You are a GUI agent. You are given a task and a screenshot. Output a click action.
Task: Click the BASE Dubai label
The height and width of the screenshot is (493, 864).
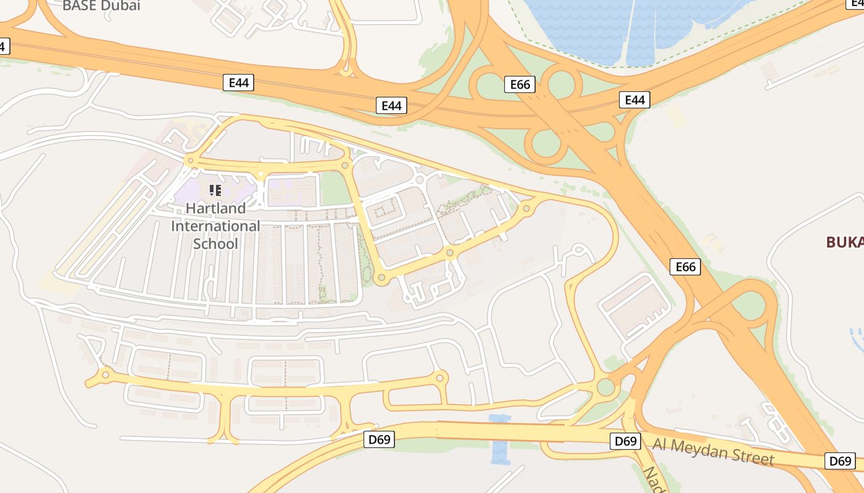[102, 6]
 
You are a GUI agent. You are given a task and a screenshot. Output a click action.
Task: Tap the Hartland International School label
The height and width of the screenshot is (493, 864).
[215, 226]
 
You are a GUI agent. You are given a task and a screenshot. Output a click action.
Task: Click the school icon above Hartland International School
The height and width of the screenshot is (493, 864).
[215, 190]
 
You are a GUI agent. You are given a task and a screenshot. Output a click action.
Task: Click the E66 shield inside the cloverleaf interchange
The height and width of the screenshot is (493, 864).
[520, 84]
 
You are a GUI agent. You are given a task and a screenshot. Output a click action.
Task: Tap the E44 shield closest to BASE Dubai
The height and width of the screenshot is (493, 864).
[238, 83]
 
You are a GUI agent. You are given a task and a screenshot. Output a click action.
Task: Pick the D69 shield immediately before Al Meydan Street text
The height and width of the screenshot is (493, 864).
[626, 441]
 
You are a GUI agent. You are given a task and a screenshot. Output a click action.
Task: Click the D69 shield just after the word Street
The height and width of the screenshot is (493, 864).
[840, 461]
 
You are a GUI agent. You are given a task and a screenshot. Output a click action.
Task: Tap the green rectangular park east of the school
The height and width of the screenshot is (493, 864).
[335, 189]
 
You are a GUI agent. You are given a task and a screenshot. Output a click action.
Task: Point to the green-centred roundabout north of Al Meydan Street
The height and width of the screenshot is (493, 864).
[606, 387]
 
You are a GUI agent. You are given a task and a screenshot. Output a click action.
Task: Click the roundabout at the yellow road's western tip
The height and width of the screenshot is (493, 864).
[106, 374]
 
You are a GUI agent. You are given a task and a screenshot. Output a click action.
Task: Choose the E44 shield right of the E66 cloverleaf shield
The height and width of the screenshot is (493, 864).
[634, 100]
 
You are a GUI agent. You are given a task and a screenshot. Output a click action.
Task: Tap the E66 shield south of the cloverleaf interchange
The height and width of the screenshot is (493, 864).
[685, 267]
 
